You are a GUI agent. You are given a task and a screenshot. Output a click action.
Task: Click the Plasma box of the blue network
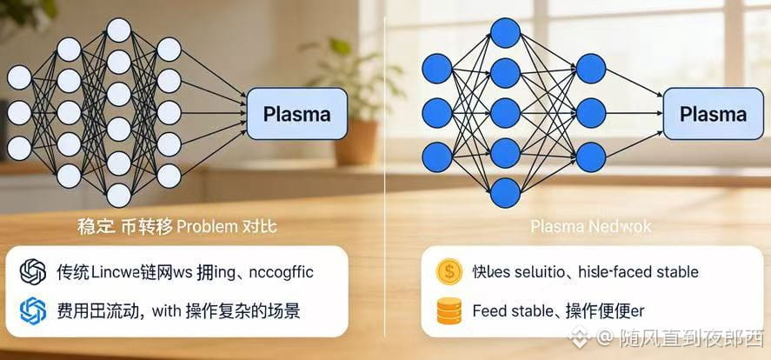click(x=712, y=114)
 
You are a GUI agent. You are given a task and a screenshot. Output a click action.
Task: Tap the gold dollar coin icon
click(x=449, y=272)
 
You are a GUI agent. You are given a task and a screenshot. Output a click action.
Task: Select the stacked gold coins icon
click(x=449, y=310)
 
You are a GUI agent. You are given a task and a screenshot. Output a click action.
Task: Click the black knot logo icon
click(x=33, y=272)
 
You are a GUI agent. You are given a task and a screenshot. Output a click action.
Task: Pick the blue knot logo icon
click(x=33, y=310)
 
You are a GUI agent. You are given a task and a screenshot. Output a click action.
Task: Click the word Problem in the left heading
click(x=206, y=228)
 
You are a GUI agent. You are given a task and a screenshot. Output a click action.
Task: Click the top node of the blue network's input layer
click(x=437, y=66)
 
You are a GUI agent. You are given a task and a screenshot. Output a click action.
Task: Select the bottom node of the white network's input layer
click(x=19, y=146)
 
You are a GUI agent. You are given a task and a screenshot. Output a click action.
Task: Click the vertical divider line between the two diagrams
click(x=384, y=174)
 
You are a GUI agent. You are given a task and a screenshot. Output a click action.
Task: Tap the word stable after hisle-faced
click(x=673, y=272)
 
